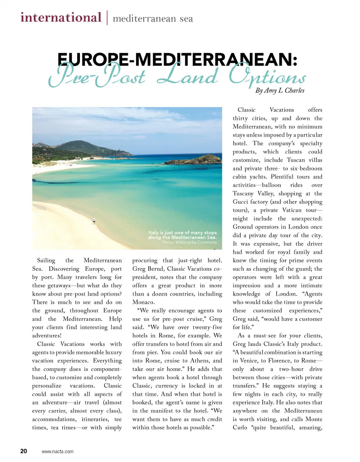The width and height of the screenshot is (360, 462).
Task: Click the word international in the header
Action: point(61,17)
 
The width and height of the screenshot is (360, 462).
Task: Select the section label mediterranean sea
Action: point(153,18)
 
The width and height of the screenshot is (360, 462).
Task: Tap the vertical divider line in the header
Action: point(107,17)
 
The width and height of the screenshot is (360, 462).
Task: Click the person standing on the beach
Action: point(93,222)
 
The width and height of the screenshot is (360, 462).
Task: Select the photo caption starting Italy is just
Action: point(182,235)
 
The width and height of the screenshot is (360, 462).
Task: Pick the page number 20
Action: point(23,451)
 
